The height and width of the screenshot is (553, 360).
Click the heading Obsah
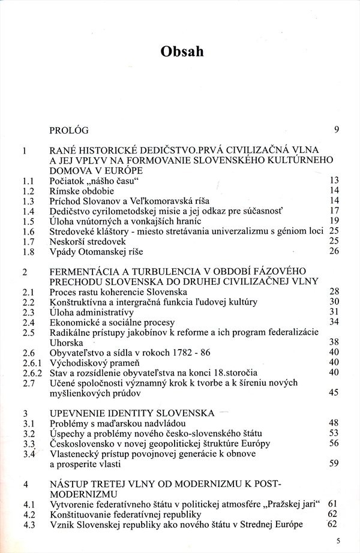(182, 52)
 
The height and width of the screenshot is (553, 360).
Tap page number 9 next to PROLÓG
(337, 129)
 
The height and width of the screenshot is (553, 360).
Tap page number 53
(335, 433)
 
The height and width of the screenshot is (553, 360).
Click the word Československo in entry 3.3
(80, 443)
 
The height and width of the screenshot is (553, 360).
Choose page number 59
(335, 464)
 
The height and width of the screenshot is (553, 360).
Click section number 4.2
(26, 515)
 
